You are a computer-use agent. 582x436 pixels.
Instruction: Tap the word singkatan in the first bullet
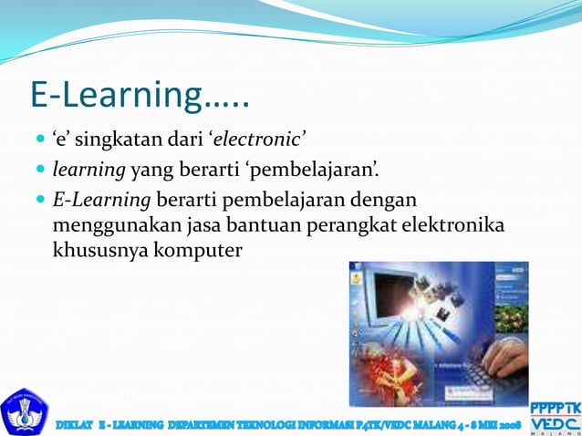tap(123, 140)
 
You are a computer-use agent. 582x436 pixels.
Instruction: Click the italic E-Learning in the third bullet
tap(101, 200)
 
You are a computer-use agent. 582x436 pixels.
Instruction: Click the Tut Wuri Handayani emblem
tap(25, 411)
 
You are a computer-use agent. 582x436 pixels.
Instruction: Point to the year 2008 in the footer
tap(507, 425)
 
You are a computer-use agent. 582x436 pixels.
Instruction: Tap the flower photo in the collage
tap(511, 317)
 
